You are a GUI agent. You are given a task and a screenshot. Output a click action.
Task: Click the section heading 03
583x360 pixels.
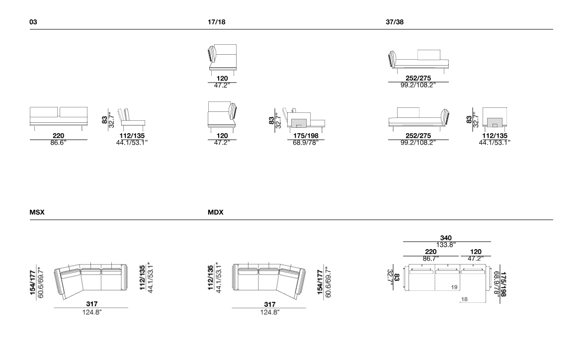coord(33,22)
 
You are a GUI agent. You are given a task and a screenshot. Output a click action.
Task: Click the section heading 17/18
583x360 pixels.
coord(216,22)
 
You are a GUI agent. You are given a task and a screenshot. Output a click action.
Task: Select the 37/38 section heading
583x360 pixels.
coord(395,22)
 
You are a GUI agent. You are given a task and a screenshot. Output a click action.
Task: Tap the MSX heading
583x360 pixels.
coord(37,212)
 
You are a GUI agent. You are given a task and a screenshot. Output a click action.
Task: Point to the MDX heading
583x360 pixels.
coord(216,212)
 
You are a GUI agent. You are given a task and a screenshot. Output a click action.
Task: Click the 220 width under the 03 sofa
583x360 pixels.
coord(58,136)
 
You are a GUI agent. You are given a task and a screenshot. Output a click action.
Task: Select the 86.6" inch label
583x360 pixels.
coord(58,143)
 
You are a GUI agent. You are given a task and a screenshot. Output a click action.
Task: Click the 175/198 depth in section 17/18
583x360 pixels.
coord(306,136)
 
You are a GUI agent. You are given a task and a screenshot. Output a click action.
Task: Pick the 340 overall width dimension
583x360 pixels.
coord(446,238)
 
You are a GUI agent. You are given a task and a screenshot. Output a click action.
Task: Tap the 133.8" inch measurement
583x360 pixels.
coord(446,245)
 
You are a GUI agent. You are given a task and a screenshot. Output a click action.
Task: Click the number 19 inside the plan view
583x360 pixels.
coord(454,287)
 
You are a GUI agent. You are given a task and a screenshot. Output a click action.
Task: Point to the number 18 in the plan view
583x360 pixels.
coord(464,299)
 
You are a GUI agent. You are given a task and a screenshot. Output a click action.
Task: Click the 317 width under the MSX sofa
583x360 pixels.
coord(92,304)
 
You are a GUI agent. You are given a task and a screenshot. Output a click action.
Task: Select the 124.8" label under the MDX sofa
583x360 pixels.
coord(269,312)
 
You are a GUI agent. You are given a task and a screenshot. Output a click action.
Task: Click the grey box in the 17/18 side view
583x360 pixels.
coord(299,122)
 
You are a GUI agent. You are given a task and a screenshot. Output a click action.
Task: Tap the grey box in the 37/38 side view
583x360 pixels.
coord(495,122)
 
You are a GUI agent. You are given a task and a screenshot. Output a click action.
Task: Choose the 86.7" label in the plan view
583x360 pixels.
coord(430,259)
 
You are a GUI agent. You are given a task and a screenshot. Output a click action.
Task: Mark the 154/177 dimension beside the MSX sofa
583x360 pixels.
coord(33,282)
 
